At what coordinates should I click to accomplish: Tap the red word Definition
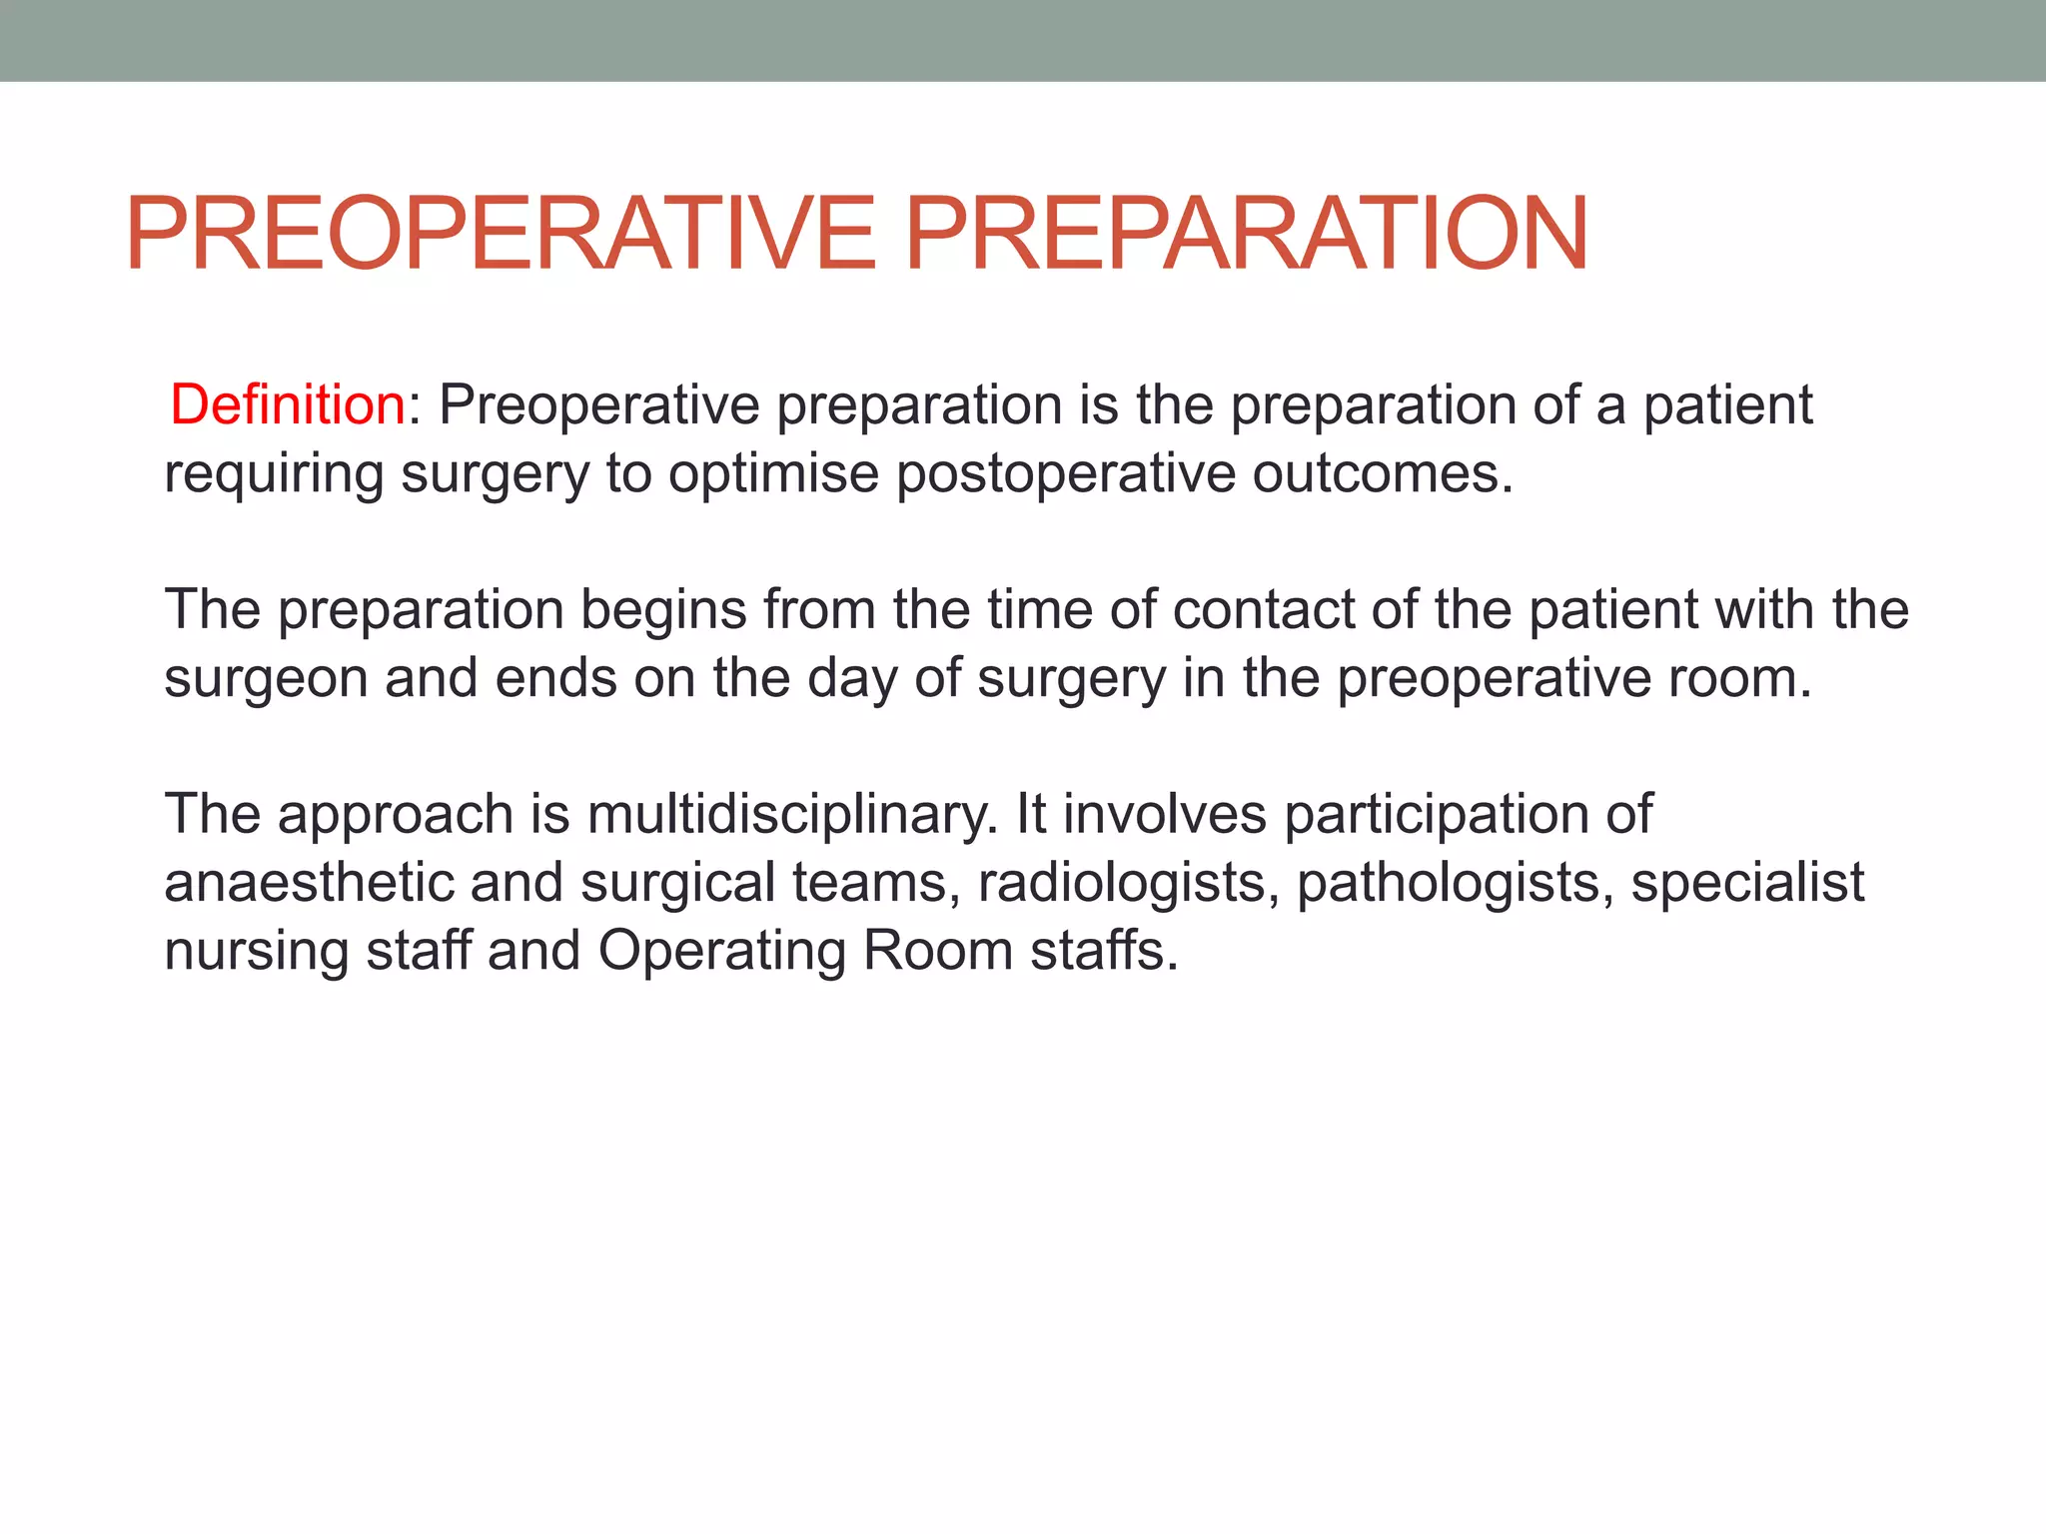[287, 405]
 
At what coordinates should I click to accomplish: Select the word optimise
[774, 473]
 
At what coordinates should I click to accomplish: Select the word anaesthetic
[309, 883]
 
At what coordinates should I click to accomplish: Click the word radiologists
[1128, 883]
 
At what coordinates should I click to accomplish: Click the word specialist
[1747, 883]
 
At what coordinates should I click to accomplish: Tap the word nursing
[256, 951]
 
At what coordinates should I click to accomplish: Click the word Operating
[721, 951]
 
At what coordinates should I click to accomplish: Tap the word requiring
[274, 473]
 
